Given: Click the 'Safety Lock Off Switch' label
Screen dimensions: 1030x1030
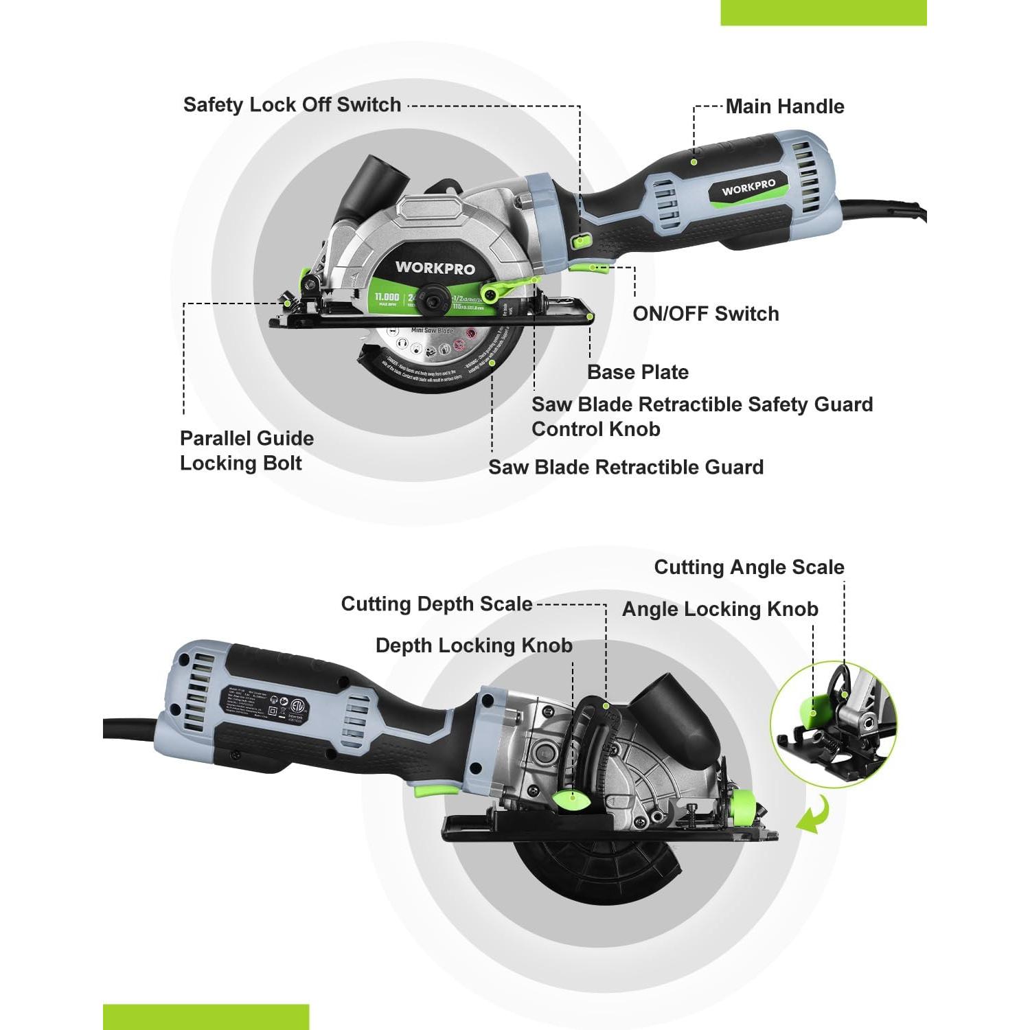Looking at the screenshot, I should click(292, 105).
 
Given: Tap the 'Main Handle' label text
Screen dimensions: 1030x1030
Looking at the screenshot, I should click(785, 106).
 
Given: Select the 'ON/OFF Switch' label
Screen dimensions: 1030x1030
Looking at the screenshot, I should click(706, 314).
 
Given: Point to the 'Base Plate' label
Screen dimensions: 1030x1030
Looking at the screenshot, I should click(638, 372).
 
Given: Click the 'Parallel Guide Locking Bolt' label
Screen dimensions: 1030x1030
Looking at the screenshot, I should click(247, 450).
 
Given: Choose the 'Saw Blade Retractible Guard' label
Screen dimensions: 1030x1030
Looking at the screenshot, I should click(626, 468).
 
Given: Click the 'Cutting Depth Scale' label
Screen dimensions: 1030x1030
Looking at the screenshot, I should click(437, 604).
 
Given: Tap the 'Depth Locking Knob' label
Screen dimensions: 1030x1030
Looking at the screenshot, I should click(474, 645).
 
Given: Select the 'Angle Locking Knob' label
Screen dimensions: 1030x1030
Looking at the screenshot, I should click(720, 609).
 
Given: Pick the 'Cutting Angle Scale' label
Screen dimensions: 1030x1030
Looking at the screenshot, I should click(749, 567).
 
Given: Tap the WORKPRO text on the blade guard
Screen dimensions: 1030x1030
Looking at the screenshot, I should click(435, 268).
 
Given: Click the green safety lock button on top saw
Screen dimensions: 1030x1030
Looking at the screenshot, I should click(582, 240).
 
